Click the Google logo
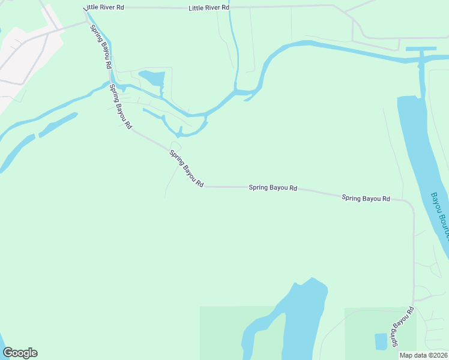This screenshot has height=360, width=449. click(20, 353)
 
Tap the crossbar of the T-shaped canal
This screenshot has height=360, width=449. click(421, 49)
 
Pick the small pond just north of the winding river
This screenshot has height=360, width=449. click(152, 78)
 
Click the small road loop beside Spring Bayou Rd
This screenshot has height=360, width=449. click(175, 146)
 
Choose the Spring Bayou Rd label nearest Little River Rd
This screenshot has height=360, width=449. click(100, 46)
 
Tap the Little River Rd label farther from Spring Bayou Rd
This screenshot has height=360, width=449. click(209, 8)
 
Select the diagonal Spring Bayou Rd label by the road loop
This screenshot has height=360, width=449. click(187, 169)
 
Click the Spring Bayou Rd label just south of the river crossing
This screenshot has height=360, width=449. click(120, 109)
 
